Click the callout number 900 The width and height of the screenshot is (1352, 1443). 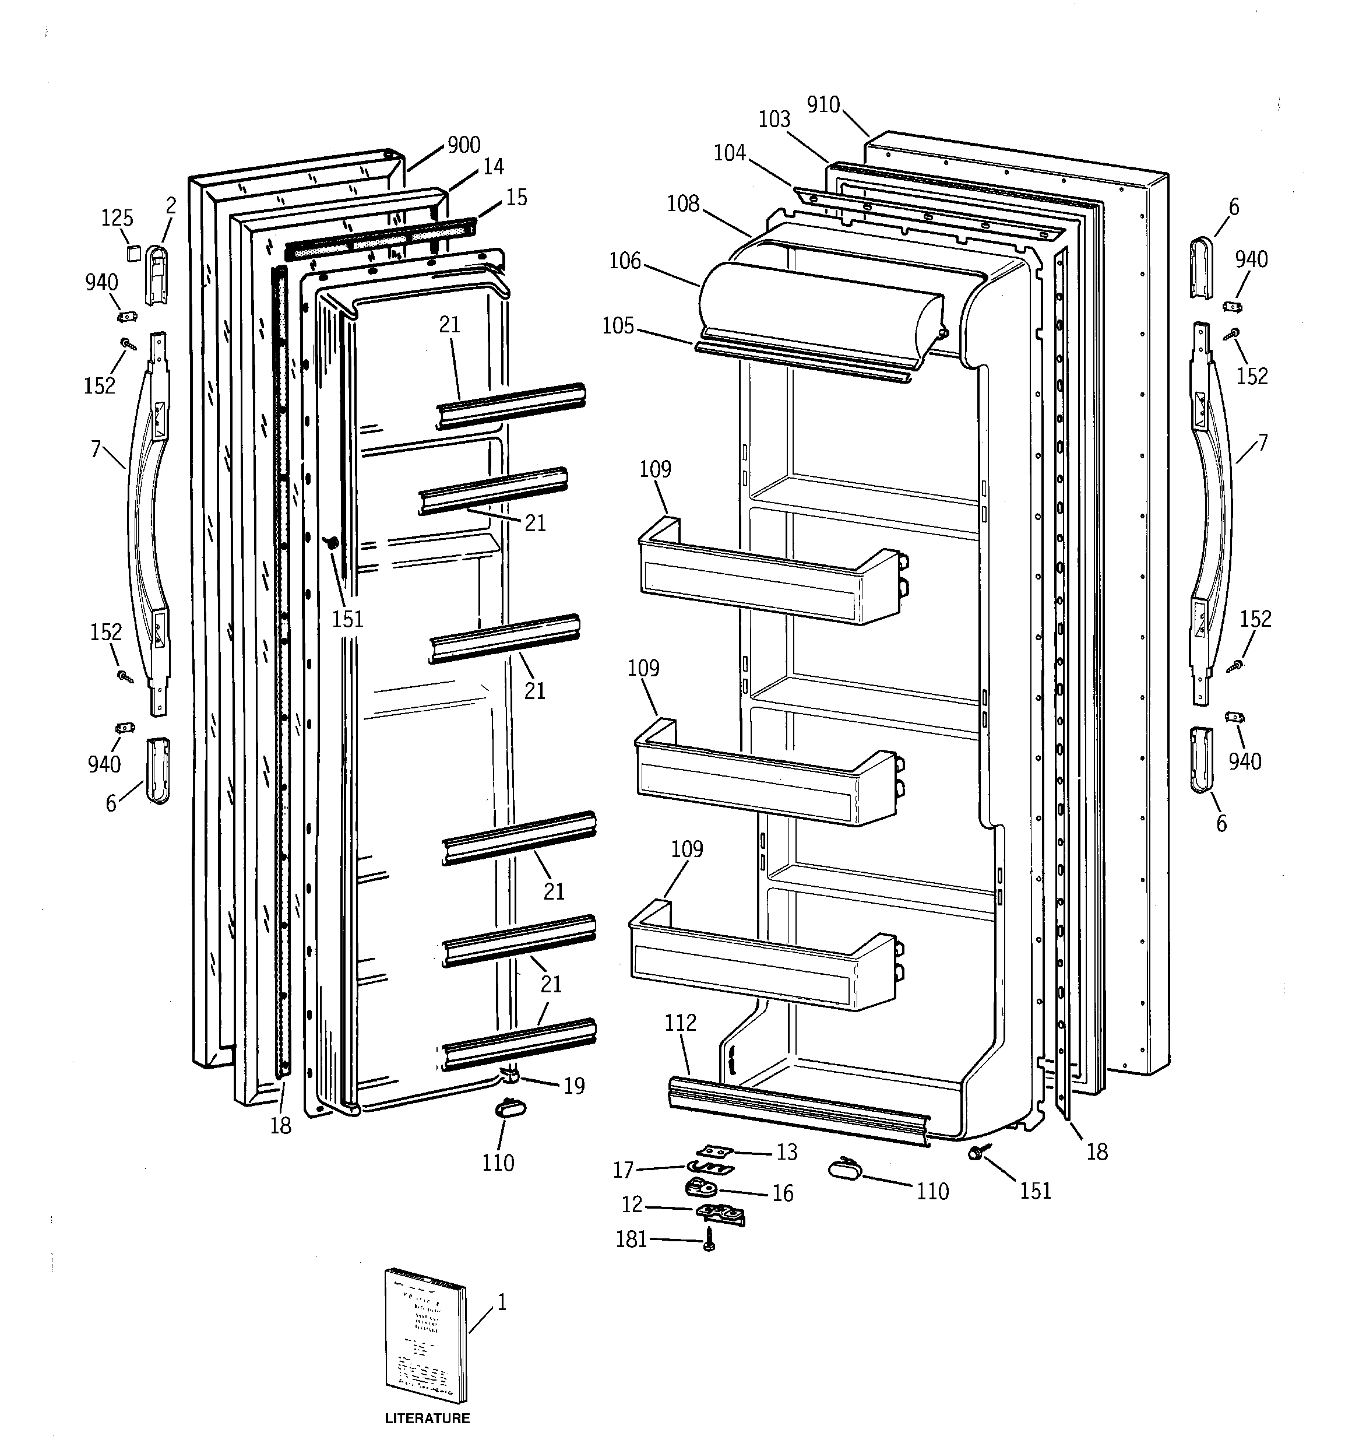(464, 145)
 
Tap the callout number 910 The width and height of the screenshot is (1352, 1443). (823, 106)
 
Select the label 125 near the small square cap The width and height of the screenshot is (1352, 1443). (117, 217)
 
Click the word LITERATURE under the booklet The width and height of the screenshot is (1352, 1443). (427, 1417)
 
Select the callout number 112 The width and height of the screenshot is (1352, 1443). (680, 1023)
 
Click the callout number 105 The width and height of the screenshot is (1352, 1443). (618, 326)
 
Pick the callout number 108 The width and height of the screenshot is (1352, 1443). (683, 203)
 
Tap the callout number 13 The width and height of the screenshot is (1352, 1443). (787, 1152)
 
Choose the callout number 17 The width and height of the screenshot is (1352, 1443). (624, 1170)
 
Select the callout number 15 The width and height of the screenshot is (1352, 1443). (516, 198)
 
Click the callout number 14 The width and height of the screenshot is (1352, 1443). (493, 167)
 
